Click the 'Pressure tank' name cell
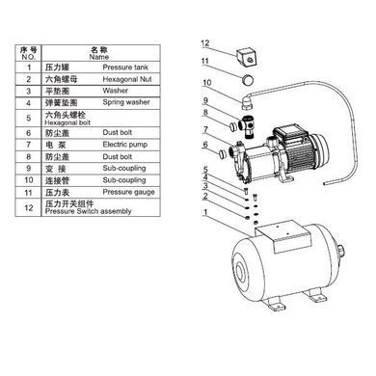click(x=125, y=67)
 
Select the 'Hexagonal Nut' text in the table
click(x=127, y=79)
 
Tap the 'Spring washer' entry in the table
click(x=126, y=102)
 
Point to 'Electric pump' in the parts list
click(x=125, y=145)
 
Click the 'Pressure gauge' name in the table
click(x=128, y=192)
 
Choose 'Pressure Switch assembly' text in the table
click(x=88, y=211)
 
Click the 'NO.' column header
click(x=28, y=57)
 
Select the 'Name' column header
click(x=99, y=57)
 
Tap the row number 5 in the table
click(x=29, y=119)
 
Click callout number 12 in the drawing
click(x=205, y=42)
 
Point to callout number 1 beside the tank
click(x=205, y=212)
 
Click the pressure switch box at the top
click(x=247, y=57)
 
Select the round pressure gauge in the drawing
click(x=247, y=80)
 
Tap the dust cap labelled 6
click(x=222, y=154)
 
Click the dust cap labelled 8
click(x=233, y=126)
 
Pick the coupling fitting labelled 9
click(x=248, y=126)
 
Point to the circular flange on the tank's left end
click(x=241, y=274)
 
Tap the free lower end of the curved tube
click(x=326, y=183)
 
